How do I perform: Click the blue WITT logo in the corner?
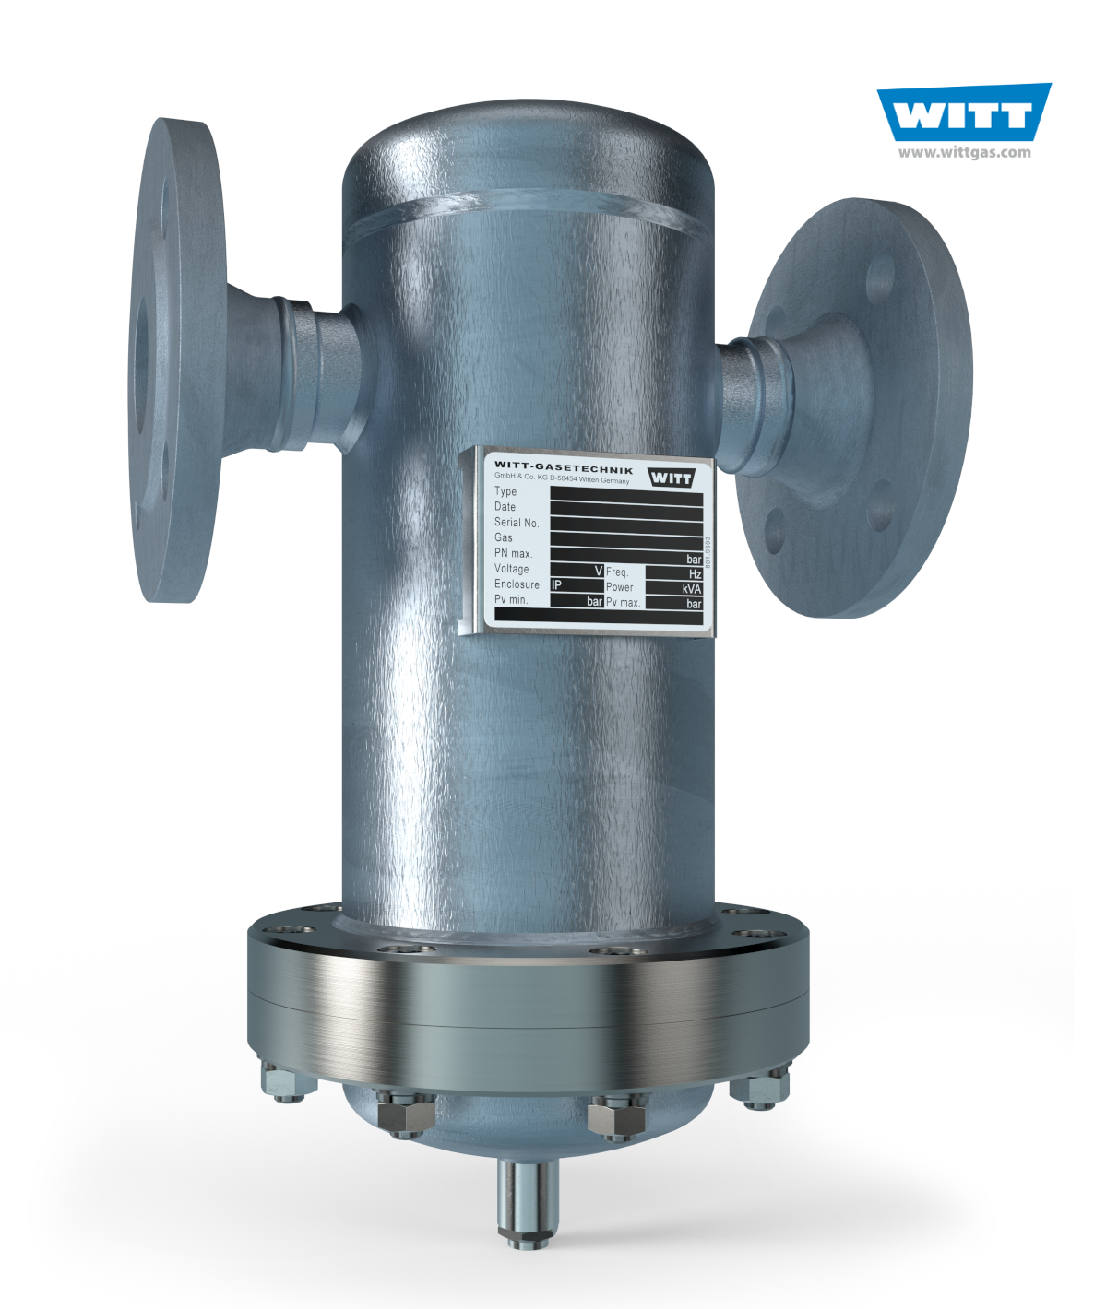point(964,113)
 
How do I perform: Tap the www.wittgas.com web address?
point(964,153)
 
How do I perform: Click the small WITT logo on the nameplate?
point(671,478)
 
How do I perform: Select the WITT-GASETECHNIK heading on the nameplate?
point(564,467)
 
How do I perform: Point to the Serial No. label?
point(517,523)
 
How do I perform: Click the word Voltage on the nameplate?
point(511,569)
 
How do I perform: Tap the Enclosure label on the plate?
point(517,584)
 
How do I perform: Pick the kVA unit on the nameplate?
point(692,589)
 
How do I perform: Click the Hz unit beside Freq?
point(696,573)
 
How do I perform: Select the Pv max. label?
point(623,603)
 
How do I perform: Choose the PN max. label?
point(513,553)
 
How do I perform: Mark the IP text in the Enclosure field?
point(556,585)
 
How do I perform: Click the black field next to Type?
point(626,493)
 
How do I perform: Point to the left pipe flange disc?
point(175,360)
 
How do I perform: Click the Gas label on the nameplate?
point(504,537)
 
